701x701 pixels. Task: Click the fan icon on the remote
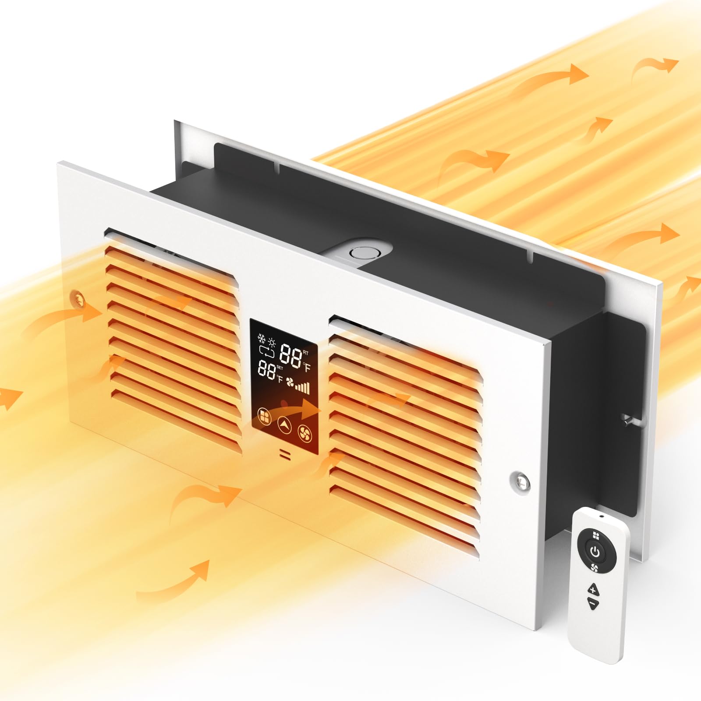tap(595, 568)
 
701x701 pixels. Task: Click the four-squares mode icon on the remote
tap(595, 535)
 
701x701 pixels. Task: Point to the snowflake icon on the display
tap(262, 339)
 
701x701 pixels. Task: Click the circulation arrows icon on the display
tap(266, 351)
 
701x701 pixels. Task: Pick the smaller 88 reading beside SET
tap(266, 368)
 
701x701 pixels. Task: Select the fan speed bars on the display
tap(302, 387)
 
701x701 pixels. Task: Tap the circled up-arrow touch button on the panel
tap(284, 424)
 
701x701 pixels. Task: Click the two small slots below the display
tap(285, 454)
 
